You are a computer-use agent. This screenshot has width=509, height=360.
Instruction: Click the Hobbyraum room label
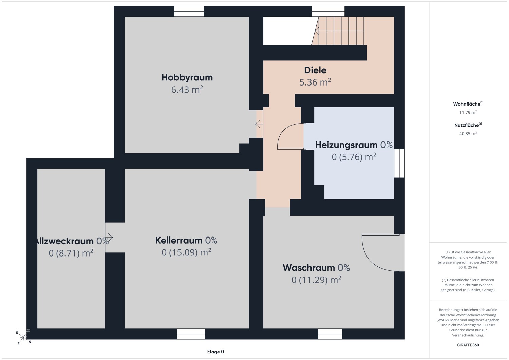click(x=187, y=77)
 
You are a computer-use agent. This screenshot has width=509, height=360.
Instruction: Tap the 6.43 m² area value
click(x=187, y=89)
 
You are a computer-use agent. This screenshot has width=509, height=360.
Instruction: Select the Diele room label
click(x=315, y=70)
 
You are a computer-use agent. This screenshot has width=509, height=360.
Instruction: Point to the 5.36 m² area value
click(x=315, y=82)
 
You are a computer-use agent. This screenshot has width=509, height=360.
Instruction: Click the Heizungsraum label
click(x=346, y=145)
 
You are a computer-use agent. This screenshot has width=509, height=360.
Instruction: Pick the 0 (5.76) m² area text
click(x=354, y=157)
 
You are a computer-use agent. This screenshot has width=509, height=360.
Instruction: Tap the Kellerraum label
click(x=179, y=240)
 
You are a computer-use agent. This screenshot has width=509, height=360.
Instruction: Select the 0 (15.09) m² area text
click(x=186, y=252)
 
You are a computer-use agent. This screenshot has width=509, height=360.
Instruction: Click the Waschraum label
click(x=308, y=268)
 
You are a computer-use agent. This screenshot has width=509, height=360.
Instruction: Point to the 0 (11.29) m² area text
click(x=316, y=280)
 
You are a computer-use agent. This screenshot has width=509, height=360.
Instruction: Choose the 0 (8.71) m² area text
click(x=71, y=253)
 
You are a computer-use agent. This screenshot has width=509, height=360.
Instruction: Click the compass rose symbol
click(x=23, y=337)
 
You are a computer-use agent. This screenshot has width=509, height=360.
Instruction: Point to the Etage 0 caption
click(x=215, y=352)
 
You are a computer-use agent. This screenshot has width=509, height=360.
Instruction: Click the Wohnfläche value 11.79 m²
click(x=468, y=112)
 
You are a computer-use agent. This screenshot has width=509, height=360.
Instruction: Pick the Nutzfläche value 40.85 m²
click(x=468, y=133)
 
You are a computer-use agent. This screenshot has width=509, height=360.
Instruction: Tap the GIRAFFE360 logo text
click(x=468, y=345)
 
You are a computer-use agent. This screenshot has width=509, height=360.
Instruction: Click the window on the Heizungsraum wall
click(x=399, y=163)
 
